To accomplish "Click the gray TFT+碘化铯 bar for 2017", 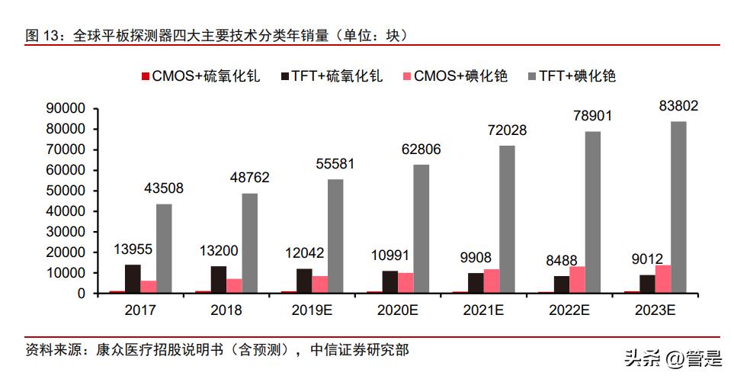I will point(164,249).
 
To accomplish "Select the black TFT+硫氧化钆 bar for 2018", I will point(218,280).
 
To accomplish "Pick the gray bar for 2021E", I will point(507,220).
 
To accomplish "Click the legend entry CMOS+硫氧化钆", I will point(199,76).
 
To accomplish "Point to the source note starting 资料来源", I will point(216,350).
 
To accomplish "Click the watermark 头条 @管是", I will point(671,357).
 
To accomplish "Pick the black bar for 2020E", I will point(390,282).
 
